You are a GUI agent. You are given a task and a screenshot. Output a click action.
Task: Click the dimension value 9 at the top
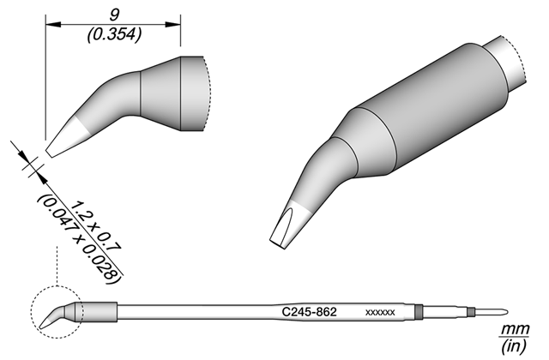[114, 15]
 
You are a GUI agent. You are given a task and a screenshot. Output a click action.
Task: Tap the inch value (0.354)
[114, 34]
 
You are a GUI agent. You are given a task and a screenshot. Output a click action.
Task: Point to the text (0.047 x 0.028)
[79, 238]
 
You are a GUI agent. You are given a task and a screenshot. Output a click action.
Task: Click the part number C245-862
[309, 311]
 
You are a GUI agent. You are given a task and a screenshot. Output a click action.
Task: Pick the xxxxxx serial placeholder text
[380, 312]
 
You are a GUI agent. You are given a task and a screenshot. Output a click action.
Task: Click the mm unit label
[515, 329]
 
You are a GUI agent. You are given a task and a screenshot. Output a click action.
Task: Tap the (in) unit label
[514, 346]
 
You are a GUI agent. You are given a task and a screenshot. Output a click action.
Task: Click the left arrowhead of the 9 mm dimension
[53, 25]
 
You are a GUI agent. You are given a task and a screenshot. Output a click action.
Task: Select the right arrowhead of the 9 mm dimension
[173, 25]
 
